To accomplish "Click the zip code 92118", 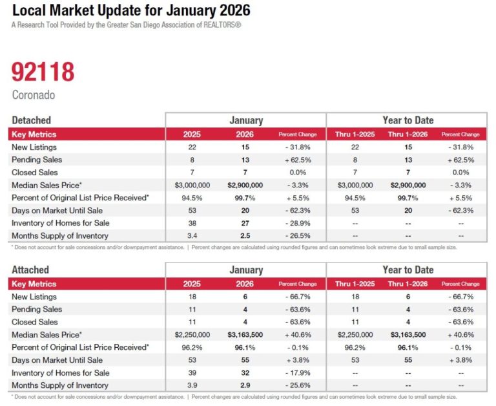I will tap(43, 71).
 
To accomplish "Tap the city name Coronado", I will tap(34, 95).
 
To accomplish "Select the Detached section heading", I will tap(31, 120).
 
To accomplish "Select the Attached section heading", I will tap(30, 270).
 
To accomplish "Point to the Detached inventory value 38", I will tap(192, 223).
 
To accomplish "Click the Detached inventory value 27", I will tap(245, 223).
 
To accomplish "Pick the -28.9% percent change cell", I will tap(298, 223).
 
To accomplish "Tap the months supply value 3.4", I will tap(192, 236).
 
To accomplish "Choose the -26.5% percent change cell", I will tap(298, 236).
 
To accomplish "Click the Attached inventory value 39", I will tap(192, 372).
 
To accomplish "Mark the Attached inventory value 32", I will tap(245, 372).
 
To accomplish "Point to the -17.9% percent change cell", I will tap(298, 372).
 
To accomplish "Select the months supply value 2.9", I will tap(245, 385).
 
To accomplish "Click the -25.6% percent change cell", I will tap(298, 385).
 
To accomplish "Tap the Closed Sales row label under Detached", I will tap(35, 173).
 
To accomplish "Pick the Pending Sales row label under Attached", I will tap(37, 309).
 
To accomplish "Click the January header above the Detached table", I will tap(245, 120).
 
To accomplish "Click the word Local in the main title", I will tap(28, 10).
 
